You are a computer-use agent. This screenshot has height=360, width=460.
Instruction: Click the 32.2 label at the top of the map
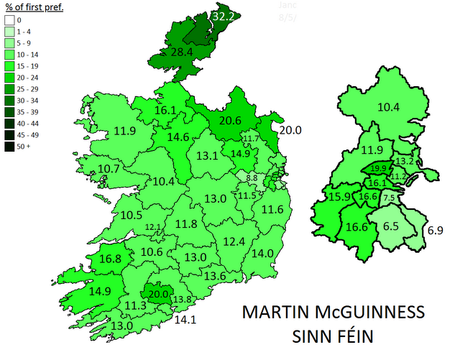[224, 14]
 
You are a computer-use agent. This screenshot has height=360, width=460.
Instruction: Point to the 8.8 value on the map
[251, 177]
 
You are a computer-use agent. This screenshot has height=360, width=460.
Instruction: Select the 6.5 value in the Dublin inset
[391, 225]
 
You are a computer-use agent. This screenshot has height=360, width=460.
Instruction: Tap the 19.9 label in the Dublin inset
[379, 170]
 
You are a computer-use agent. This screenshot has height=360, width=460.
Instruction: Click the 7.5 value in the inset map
[389, 197]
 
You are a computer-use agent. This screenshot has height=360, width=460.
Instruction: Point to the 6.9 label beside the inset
[436, 231]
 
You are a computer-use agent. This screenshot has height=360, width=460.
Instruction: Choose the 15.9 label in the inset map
[339, 197]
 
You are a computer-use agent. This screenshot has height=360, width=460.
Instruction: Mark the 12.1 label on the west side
[154, 227]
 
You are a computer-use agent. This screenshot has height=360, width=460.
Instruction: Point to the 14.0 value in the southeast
[263, 253]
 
